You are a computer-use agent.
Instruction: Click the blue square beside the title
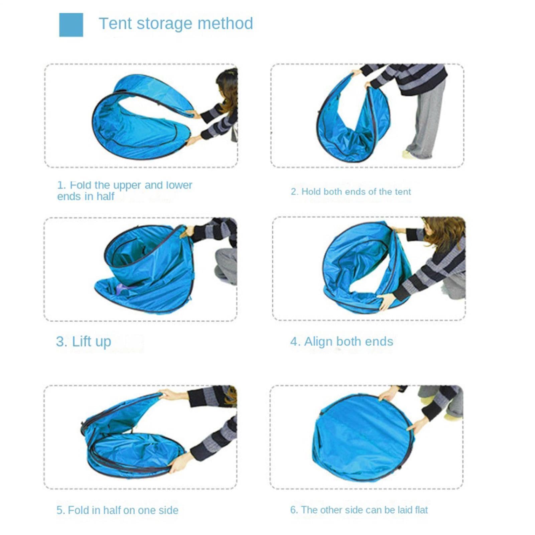pos(71,25)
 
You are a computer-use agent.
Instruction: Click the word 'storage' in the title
pos(164,23)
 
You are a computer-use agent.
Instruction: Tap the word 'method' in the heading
pos(225,23)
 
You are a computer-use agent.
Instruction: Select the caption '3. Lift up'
pos(84,342)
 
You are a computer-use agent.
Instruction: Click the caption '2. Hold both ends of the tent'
pos(351,191)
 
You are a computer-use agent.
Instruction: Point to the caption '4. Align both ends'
pos(342,342)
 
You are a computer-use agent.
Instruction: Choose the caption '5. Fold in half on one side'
pos(117,510)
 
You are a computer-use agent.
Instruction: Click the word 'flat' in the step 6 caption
pos(421,510)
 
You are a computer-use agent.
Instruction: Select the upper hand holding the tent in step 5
pos(172,395)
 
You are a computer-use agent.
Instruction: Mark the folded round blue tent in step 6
pos(363,438)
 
